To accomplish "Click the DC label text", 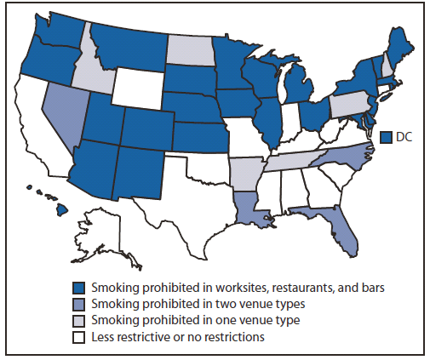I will [404, 135].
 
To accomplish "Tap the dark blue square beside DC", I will [387, 135].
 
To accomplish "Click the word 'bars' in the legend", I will [372, 288].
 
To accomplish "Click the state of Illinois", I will [268, 120].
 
